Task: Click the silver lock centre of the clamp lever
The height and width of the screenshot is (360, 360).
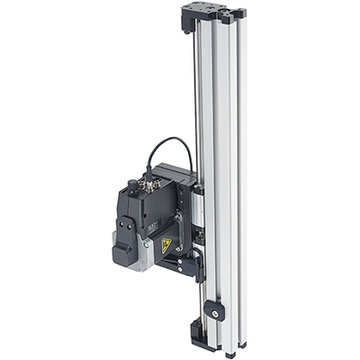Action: click(x=216, y=311)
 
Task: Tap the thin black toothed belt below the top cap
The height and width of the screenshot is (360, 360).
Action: click(x=193, y=90)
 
